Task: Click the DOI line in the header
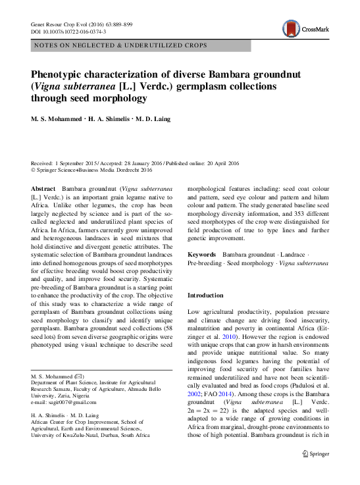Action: [69, 31]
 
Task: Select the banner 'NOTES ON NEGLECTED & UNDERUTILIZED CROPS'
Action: [119, 45]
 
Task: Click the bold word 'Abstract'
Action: [45, 188]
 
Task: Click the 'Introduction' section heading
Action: [205, 295]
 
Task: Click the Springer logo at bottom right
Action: [315, 453]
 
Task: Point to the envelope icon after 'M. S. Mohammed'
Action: [78, 376]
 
